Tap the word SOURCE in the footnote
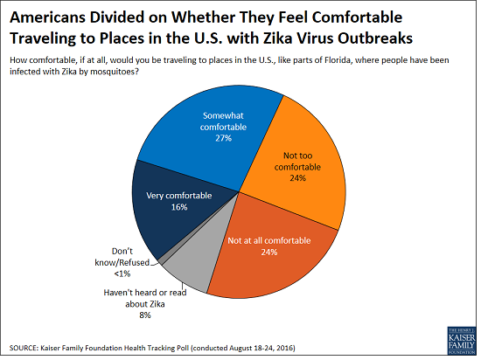(26, 348)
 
